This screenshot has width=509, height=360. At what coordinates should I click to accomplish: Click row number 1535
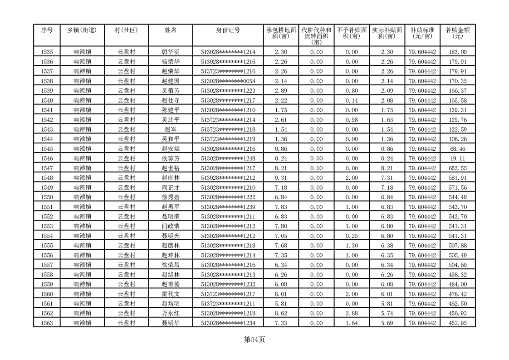click(x=47, y=52)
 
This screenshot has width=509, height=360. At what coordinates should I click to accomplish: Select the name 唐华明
click(x=171, y=52)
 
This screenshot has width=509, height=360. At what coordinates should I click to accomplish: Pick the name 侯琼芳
click(x=171, y=158)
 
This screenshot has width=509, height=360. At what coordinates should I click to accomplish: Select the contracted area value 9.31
click(x=281, y=178)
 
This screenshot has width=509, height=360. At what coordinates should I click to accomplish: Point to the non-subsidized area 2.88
click(x=352, y=313)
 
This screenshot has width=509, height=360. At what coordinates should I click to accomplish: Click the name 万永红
click(x=171, y=313)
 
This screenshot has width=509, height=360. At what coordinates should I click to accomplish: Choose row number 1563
click(x=47, y=323)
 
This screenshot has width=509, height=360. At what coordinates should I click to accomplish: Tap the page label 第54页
click(x=254, y=340)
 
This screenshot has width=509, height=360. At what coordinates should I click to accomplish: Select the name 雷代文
click(x=171, y=294)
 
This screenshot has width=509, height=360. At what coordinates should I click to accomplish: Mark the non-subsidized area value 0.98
click(x=352, y=120)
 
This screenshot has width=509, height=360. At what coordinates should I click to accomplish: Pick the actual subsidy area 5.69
click(x=387, y=323)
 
